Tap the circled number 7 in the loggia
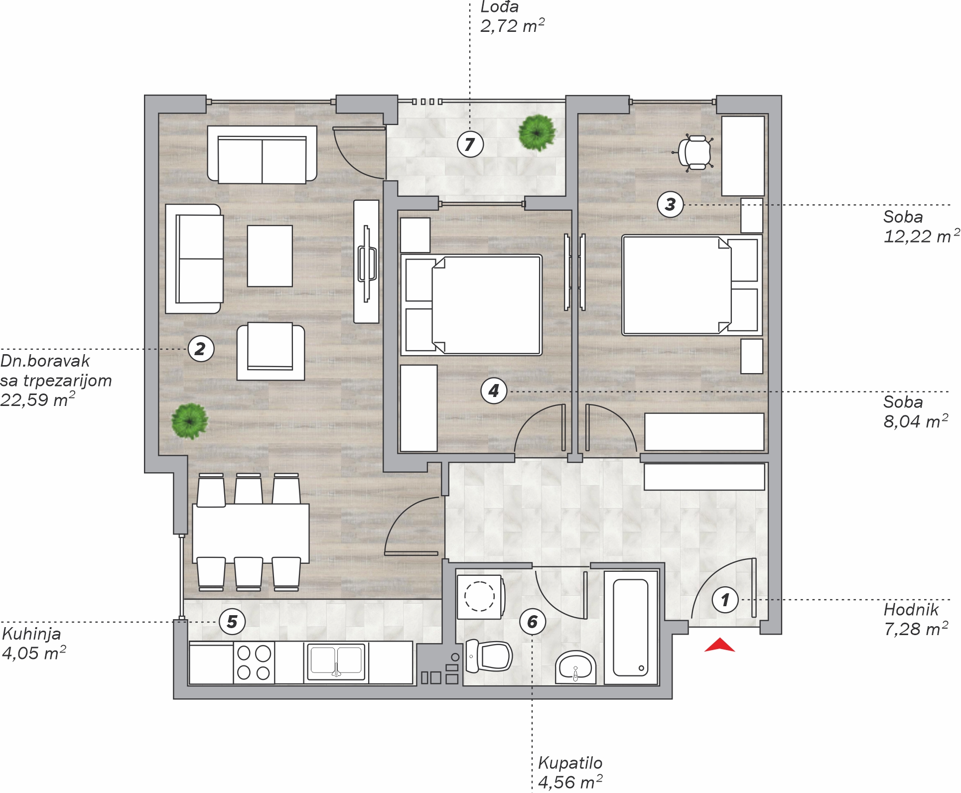pyautogui.click(x=470, y=144)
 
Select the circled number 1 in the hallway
pyautogui.click(x=725, y=600)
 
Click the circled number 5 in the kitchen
pyautogui.click(x=232, y=622)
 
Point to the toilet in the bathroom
pyautogui.click(x=489, y=656)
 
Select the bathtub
pyautogui.click(x=631, y=628)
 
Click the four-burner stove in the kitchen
pyautogui.click(x=254, y=662)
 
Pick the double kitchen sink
pyautogui.click(x=336, y=662)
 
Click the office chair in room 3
pyautogui.click(x=695, y=152)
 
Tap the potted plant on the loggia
pyautogui.click(x=537, y=132)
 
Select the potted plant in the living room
pyautogui.click(x=189, y=421)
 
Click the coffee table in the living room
pyautogui.click(x=270, y=256)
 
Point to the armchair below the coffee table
pyautogui.click(x=271, y=352)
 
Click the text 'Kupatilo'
pyautogui.click(x=570, y=763)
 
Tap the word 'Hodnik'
pyautogui.click(x=911, y=609)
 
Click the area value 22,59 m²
pyautogui.click(x=38, y=399)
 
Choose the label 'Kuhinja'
pyautogui.click(x=31, y=634)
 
